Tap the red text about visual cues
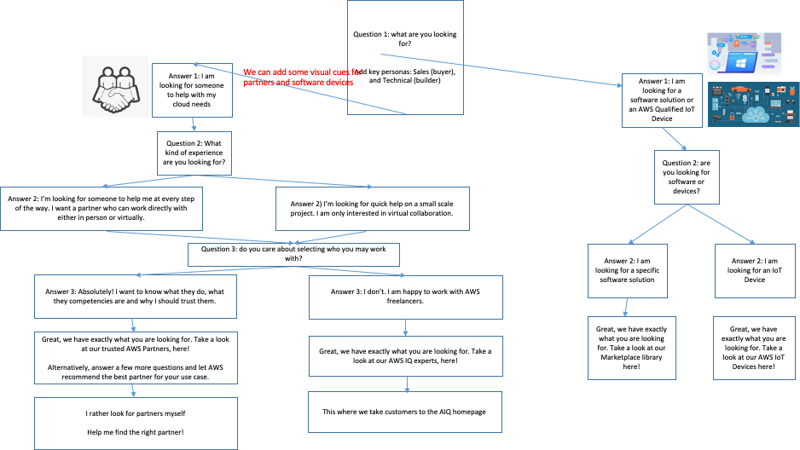(x=298, y=78)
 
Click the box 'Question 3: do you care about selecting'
(x=293, y=254)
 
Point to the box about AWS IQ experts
(x=405, y=356)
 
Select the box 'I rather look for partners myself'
(x=136, y=423)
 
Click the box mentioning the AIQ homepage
(x=404, y=412)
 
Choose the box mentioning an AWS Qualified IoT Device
(x=662, y=99)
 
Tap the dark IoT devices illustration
(x=753, y=104)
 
